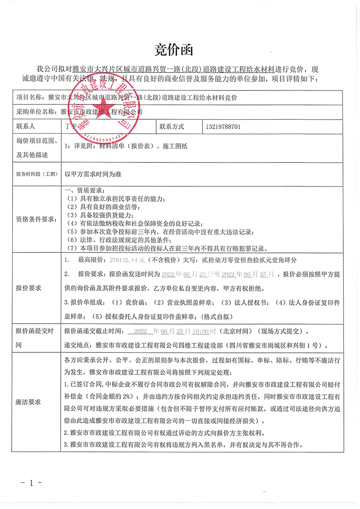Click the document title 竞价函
(180, 49)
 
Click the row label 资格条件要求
(36, 219)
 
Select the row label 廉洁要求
(28, 401)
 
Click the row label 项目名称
(28, 97)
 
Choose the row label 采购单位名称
(35, 111)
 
